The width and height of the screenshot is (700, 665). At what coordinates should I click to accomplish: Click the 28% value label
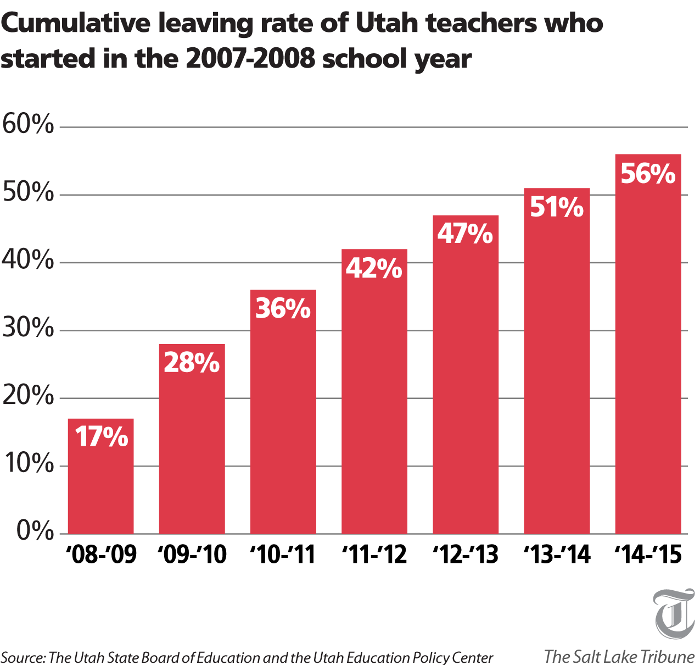tap(192, 363)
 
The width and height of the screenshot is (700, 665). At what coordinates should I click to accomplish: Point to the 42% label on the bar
tap(374, 268)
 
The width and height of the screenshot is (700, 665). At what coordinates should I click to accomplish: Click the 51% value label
tap(557, 208)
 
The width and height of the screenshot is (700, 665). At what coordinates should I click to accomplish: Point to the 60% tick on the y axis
tap(28, 125)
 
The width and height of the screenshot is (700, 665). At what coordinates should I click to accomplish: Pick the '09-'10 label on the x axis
tap(192, 555)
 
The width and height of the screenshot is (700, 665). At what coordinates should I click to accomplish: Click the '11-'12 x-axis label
tap(374, 555)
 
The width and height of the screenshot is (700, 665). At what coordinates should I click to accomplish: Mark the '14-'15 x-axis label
tap(648, 555)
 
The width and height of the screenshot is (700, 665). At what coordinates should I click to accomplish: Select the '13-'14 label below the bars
tap(557, 555)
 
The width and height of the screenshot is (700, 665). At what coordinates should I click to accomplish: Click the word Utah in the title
tap(388, 23)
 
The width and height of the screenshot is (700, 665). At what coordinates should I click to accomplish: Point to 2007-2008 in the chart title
tap(250, 58)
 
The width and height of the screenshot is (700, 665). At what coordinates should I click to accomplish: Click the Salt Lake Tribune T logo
tap(674, 613)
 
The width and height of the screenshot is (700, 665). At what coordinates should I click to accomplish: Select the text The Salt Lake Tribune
tap(619, 656)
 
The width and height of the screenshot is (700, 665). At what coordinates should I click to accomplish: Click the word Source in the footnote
tap(22, 657)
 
